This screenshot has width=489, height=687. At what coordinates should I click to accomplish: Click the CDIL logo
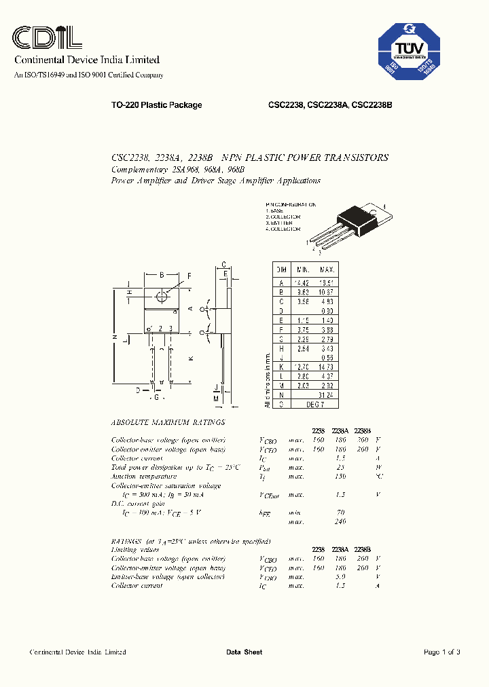pos(48,37)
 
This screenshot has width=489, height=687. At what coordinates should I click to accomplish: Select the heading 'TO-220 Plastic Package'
pos(156,105)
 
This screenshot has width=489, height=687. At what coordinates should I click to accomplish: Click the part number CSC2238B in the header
pos(372,105)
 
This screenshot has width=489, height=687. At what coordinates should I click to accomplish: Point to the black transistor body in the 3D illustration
pos(359,217)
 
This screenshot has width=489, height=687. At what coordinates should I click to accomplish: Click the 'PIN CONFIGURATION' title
pos(291,204)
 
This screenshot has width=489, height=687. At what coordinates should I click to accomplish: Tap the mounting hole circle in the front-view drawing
pos(162,296)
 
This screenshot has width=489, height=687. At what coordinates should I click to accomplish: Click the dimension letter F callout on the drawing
pos(189,275)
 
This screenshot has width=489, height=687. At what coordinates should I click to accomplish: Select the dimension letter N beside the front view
pos(115,337)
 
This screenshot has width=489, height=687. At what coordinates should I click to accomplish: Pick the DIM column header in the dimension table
pos(280,270)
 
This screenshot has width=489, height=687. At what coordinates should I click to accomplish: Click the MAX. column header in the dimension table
pos(327,270)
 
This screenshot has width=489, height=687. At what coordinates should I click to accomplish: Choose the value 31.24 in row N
pos(327,394)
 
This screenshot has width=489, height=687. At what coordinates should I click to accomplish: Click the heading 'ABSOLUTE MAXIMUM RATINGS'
pos(167,422)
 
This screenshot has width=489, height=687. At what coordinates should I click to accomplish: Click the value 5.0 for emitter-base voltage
pos(340,576)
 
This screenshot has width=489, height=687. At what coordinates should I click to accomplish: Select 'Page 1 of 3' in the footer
pos(441,652)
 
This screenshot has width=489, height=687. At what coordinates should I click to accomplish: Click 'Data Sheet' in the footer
pos(244,652)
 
